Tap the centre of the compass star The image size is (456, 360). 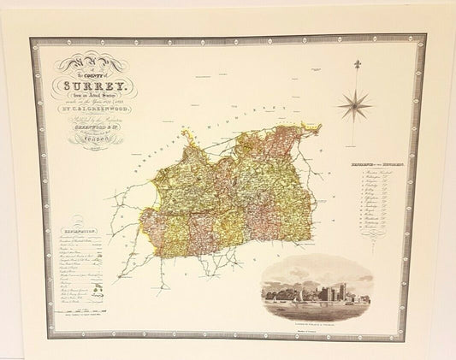[352, 105]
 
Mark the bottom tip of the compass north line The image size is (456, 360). [352, 149]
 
